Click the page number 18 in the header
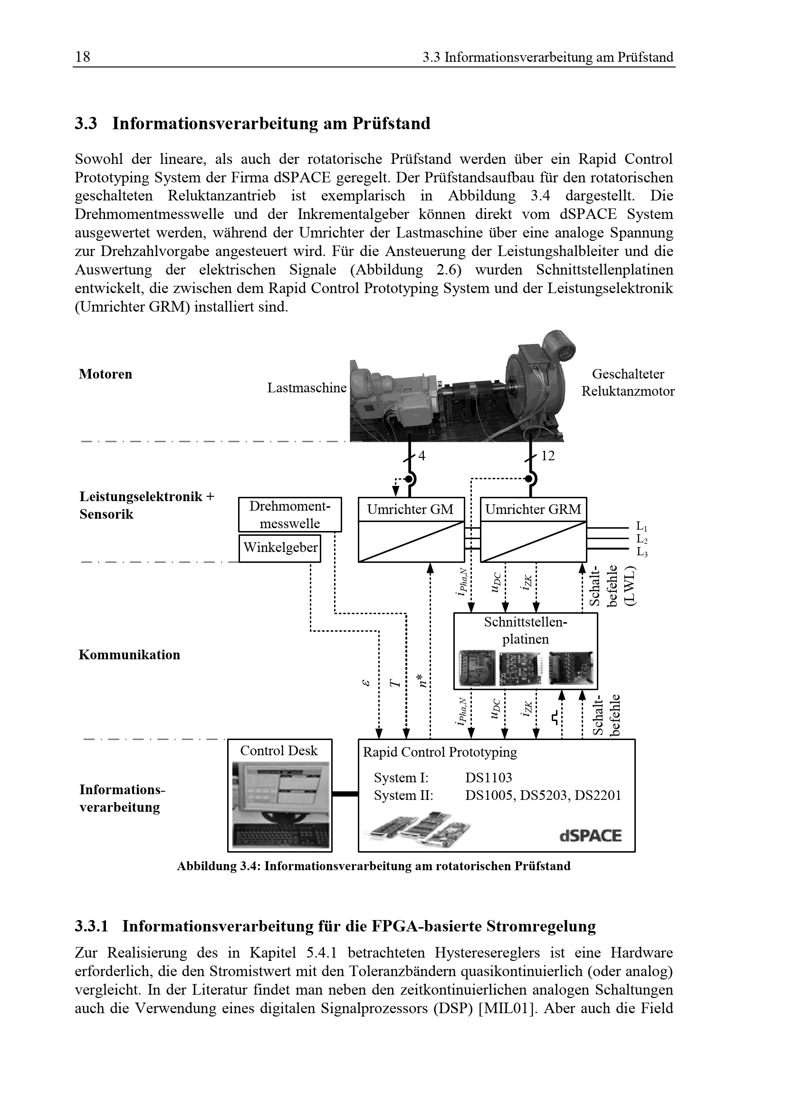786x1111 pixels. (82, 57)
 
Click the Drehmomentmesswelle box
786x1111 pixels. (289, 515)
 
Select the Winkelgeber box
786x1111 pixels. (280, 548)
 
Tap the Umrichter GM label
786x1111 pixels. (410, 510)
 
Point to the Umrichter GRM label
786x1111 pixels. (533, 510)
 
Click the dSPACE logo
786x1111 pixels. (590, 836)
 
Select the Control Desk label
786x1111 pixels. (279, 750)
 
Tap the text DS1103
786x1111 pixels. (489, 778)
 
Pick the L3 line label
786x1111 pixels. (642, 552)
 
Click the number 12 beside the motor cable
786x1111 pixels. (548, 456)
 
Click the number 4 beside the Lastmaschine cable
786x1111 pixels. (422, 456)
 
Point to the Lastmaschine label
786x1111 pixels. (307, 388)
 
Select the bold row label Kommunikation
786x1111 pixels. (129, 655)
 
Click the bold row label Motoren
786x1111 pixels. (105, 374)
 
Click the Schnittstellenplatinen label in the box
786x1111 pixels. (526, 630)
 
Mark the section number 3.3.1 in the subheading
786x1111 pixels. (91, 926)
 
